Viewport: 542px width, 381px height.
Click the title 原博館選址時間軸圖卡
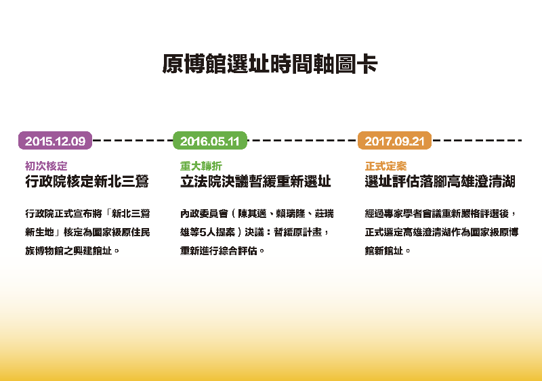point(270,64)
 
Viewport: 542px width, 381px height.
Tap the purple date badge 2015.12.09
point(56,141)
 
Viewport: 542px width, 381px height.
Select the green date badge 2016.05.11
point(210,141)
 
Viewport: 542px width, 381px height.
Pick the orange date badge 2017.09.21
point(394,141)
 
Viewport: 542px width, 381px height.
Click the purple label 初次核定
point(46,166)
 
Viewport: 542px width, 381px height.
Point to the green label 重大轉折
point(201,166)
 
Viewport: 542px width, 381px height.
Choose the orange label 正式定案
point(385,166)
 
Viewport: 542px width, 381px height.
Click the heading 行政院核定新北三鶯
point(87,181)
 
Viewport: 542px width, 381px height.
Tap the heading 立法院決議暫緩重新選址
point(255,181)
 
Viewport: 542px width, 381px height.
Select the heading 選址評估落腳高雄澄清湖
point(440,181)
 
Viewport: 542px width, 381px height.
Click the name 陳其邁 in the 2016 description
point(252,214)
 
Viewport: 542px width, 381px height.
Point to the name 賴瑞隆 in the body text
point(291,214)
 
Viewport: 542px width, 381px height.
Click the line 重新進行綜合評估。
point(222,250)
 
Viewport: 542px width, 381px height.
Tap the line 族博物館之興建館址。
point(72,250)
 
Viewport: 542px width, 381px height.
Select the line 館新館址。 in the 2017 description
point(388,250)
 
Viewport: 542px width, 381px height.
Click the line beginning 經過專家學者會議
point(440,214)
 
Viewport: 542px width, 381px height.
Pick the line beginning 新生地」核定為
point(87,232)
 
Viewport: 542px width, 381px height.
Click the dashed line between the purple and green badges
point(133,140)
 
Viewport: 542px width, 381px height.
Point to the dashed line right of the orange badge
point(477,140)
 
